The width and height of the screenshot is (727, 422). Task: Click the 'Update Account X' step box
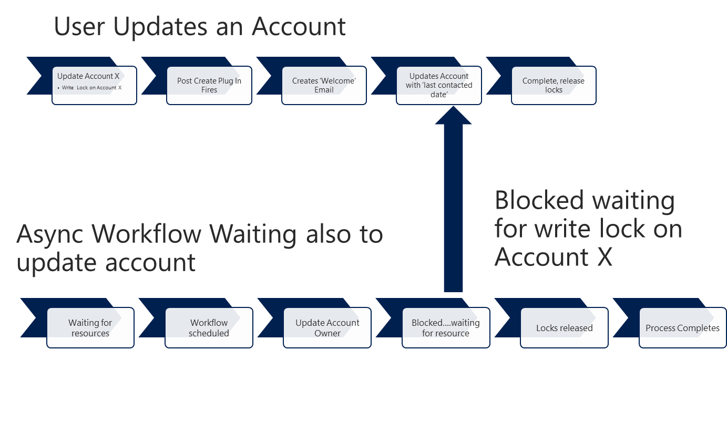(x=94, y=85)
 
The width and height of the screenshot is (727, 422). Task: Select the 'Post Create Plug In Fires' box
(x=209, y=85)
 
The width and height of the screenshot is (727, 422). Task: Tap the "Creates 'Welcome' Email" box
(x=324, y=85)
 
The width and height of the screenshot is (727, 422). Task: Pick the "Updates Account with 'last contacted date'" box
(x=439, y=85)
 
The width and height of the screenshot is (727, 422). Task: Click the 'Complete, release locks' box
(x=554, y=85)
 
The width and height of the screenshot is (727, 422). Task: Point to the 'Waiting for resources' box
(x=90, y=328)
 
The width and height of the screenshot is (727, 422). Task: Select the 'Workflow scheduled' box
(x=209, y=328)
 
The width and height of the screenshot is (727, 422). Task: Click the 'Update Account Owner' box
(x=327, y=328)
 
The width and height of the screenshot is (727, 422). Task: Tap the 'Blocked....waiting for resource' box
(x=446, y=328)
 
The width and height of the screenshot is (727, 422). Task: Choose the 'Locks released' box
(x=564, y=328)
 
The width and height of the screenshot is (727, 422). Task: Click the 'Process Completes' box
(x=682, y=328)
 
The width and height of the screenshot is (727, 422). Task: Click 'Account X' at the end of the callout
(x=554, y=257)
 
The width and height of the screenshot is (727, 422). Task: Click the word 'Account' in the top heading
(x=299, y=26)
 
